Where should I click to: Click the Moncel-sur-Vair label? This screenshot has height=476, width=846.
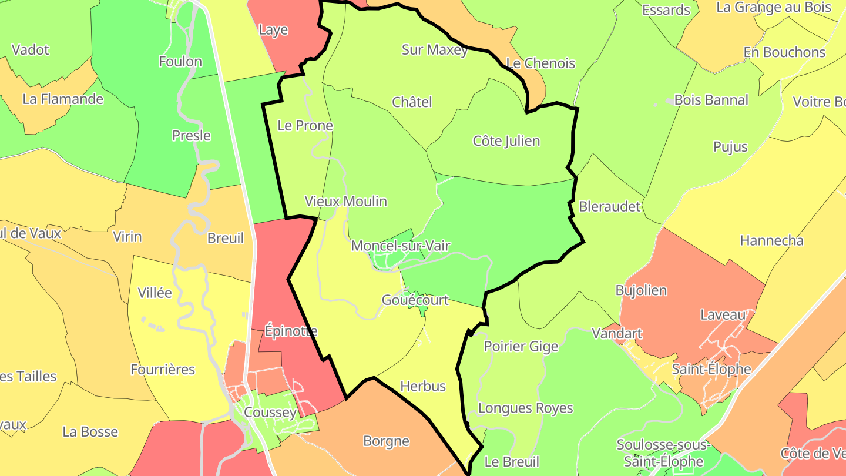tap(401, 246)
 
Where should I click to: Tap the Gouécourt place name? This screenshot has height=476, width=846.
tap(415, 300)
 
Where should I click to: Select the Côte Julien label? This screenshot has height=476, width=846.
tap(506, 141)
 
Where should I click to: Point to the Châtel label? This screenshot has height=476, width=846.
tap(412, 102)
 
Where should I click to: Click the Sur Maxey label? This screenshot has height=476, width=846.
tap(435, 50)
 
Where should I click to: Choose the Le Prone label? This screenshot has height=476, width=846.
tap(305, 126)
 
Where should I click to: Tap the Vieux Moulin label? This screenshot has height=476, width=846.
tap(345, 202)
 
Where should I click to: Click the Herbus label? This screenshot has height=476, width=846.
tap(423, 386)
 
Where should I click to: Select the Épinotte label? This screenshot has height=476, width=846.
tap(291, 331)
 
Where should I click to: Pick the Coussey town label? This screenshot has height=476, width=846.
tap(270, 413)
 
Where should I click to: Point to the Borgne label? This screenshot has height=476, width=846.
tap(386, 441)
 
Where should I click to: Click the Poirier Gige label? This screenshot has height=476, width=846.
tap(521, 346)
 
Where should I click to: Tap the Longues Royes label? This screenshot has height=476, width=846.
tap(525, 408)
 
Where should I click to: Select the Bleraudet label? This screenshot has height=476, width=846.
tap(609, 206)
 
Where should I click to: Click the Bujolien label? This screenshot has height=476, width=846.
tap(641, 290)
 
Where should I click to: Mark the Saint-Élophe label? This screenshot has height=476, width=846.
tap(711, 369)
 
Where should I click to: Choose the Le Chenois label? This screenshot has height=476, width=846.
tap(540, 63)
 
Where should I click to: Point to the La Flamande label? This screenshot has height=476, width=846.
tap(63, 99)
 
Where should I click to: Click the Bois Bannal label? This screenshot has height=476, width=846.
tap(711, 100)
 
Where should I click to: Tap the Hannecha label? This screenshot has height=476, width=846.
tap(771, 240)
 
